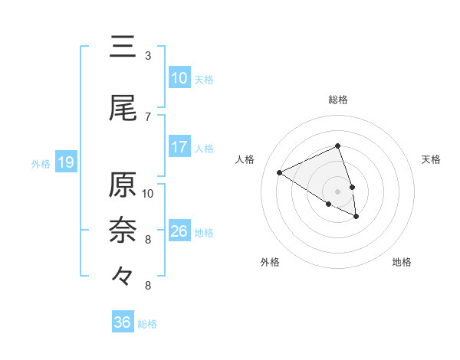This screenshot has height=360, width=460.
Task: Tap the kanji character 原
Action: tap(123, 186)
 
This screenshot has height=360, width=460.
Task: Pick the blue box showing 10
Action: tap(179, 78)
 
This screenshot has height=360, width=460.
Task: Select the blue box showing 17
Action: tap(179, 147)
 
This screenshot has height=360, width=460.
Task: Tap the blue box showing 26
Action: tap(179, 231)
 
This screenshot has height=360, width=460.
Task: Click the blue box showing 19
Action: tap(66, 162)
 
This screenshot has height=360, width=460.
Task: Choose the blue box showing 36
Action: tap(123, 322)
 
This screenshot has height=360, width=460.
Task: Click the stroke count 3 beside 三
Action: tap(148, 56)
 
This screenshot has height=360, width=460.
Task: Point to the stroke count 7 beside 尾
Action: tap(148, 116)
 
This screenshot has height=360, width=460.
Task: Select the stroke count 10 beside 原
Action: tap(148, 193)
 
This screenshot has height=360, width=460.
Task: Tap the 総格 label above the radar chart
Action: tap(338, 100)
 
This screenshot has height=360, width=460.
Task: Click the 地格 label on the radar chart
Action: tap(402, 263)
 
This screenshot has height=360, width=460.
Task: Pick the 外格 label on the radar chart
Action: tap(270, 263)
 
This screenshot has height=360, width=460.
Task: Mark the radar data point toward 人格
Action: tap(280, 173)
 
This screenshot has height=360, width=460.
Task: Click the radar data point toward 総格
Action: tap(337, 146)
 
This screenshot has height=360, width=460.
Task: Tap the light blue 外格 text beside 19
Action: tap(40, 163)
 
